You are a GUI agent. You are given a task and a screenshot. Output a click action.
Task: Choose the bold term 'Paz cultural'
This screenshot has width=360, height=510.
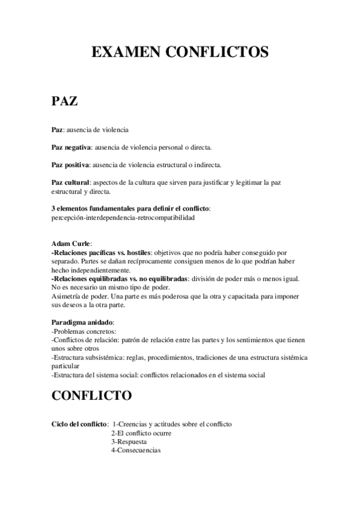(x=70, y=182)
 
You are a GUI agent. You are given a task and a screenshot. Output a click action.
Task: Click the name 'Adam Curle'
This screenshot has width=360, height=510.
(x=71, y=244)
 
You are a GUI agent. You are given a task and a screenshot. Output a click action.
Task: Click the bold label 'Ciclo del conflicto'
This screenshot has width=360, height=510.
(x=79, y=424)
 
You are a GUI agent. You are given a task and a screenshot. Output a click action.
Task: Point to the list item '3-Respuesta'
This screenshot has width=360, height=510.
(x=129, y=441)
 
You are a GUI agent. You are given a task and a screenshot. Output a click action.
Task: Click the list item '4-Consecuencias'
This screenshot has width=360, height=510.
(x=136, y=450)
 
